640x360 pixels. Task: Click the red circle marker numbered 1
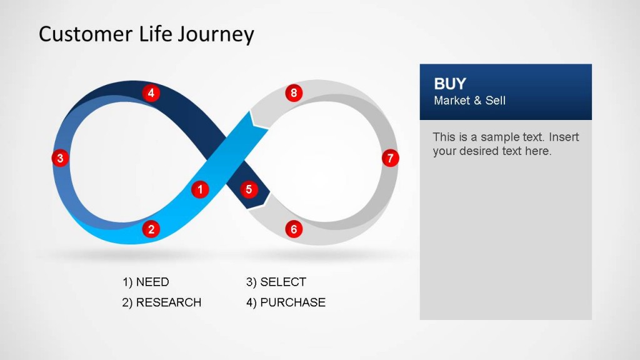(200, 189)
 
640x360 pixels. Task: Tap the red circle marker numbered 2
(151, 229)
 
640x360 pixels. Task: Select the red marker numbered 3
(60, 158)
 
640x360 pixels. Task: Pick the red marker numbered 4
(151, 94)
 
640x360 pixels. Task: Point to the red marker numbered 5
(249, 189)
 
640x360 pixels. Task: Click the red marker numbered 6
(294, 229)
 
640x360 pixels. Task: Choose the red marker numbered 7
(390, 158)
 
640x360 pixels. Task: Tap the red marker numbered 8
(294, 94)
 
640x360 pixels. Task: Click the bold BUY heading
(450, 84)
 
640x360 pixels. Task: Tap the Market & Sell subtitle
(469, 101)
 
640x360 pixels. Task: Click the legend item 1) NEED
(146, 282)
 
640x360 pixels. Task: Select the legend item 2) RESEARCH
(162, 302)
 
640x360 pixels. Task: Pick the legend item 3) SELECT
(276, 282)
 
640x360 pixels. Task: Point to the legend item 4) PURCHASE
(286, 302)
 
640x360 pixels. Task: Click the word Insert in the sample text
(564, 137)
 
